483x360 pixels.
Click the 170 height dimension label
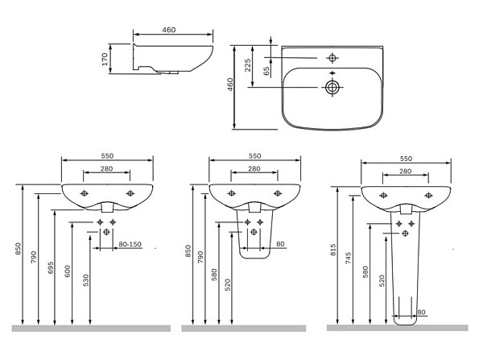tap(105, 59)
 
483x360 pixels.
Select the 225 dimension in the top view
tap(248, 65)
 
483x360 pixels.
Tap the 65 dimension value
tap(266, 71)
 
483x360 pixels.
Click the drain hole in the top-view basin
tap(332, 88)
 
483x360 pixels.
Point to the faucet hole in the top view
tap(332, 58)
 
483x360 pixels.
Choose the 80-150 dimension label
tap(130, 244)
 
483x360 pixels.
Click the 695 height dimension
tap(51, 267)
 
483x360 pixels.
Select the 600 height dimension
tap(68, 271)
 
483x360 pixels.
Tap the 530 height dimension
tap(86, 280)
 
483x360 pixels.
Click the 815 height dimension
tap(333, 250)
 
